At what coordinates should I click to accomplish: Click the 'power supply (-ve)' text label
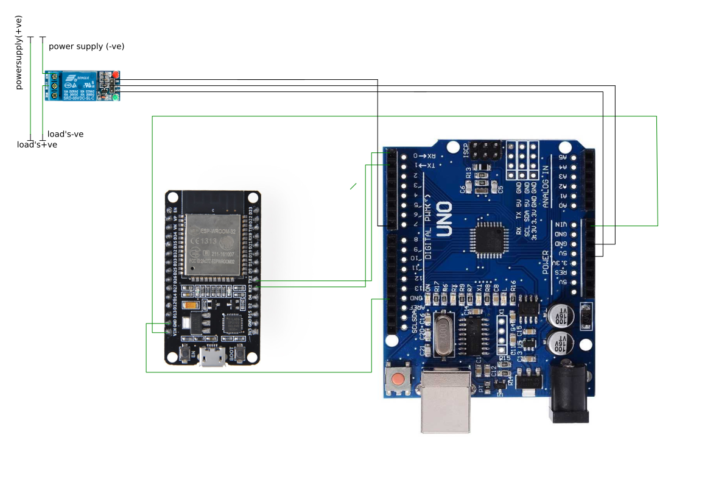point(86,46)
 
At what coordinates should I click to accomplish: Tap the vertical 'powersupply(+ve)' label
point(18,52)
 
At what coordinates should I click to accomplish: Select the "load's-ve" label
point(65,134)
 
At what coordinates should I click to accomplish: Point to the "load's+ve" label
point(37,145)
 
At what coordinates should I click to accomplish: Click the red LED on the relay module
point(114,74)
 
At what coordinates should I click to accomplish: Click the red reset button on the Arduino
point(398,379)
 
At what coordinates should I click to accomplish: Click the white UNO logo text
point(444,219)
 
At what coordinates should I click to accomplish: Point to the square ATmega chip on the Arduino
point(490,238)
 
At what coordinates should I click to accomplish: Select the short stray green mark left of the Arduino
point(353,186)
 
